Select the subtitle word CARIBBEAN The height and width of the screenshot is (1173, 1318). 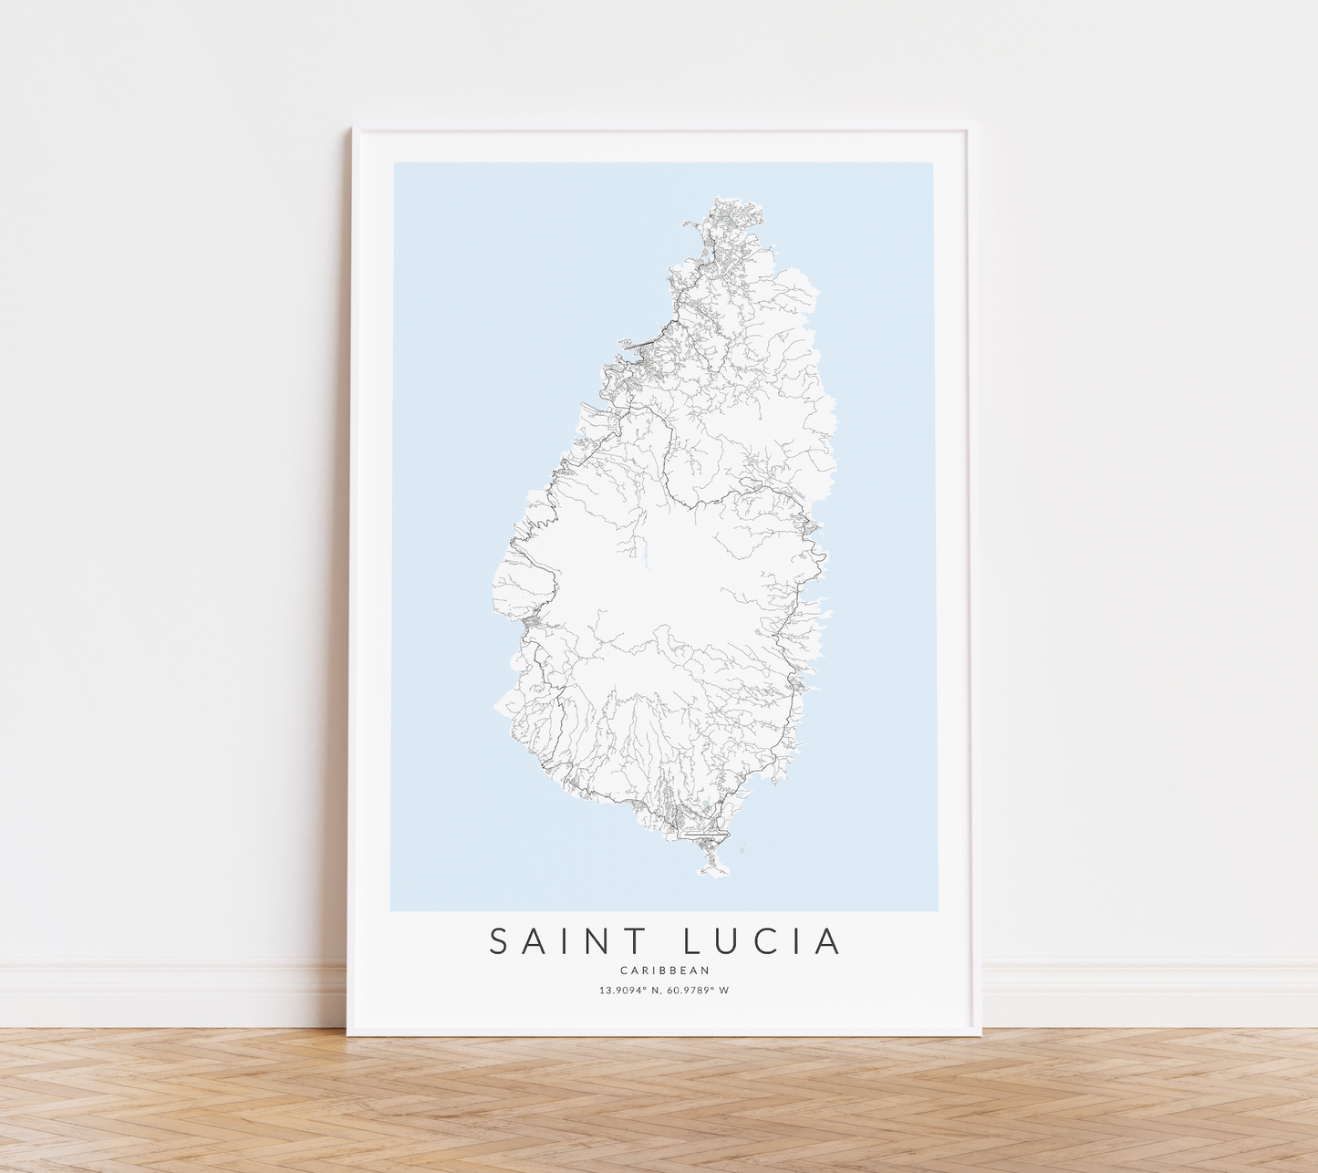pyautogui.click(x=664, y=971)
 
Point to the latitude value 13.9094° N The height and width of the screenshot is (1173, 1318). pyautogui.click(x=628, y=991)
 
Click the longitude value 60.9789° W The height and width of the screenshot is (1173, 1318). pyautogui.click(x=698, y=991)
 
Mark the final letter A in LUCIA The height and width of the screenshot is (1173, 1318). pyautogui.click(x=826, y=941)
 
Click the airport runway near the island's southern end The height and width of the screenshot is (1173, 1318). pyautogui.click(x=707, y=834)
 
